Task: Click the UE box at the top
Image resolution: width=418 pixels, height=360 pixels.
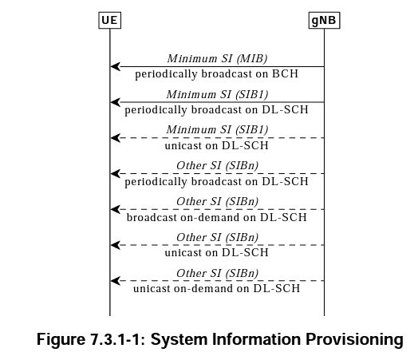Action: tap(109, 20)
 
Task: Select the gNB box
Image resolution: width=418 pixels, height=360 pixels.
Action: tap(324, 20)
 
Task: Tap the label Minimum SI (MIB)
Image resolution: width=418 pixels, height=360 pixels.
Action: tap(217, 58)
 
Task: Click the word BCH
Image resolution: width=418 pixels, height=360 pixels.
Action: tap(285, 73)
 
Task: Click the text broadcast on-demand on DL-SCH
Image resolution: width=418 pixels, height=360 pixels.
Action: tap(216, 217)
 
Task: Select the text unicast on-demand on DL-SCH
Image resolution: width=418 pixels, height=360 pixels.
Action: tap(216, 288)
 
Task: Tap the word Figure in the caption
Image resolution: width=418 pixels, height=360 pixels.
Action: tap(61, 340)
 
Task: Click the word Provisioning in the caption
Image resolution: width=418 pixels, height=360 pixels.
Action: tap(354, 340)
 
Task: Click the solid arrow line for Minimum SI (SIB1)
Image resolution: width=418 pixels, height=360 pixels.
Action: tap(217, 102)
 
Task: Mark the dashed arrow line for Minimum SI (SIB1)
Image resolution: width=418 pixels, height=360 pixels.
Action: tap(217, 138)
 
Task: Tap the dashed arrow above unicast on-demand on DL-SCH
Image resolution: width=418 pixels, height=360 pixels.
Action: tap(217, 280)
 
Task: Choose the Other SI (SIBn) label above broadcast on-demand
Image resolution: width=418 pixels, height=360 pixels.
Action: tap(217, 201)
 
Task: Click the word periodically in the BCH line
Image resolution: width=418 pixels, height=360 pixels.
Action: tap(166, 74)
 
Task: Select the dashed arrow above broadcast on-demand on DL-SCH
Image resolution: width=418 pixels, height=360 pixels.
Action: tap(217, 209)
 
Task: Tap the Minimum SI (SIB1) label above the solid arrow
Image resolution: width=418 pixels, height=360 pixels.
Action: tap(217, 94)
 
